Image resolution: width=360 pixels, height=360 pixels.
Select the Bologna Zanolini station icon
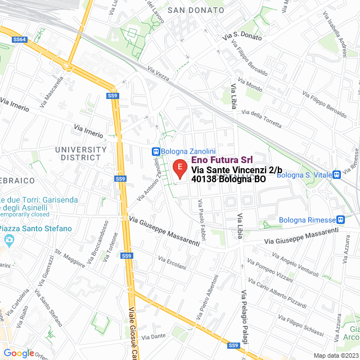tap(155, 151)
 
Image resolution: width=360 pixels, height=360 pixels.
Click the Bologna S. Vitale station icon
tap(336, 175)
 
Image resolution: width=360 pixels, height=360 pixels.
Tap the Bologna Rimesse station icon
tap(340, 219)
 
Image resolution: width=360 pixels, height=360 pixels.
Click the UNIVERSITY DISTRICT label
tap(81, 154)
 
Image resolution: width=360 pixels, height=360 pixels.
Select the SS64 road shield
tap(20, 39)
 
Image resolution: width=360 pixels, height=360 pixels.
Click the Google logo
tap(19, 353)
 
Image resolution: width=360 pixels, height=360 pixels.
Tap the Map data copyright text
tap(335, 355)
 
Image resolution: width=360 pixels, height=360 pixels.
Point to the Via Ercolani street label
tap(172, 263)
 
